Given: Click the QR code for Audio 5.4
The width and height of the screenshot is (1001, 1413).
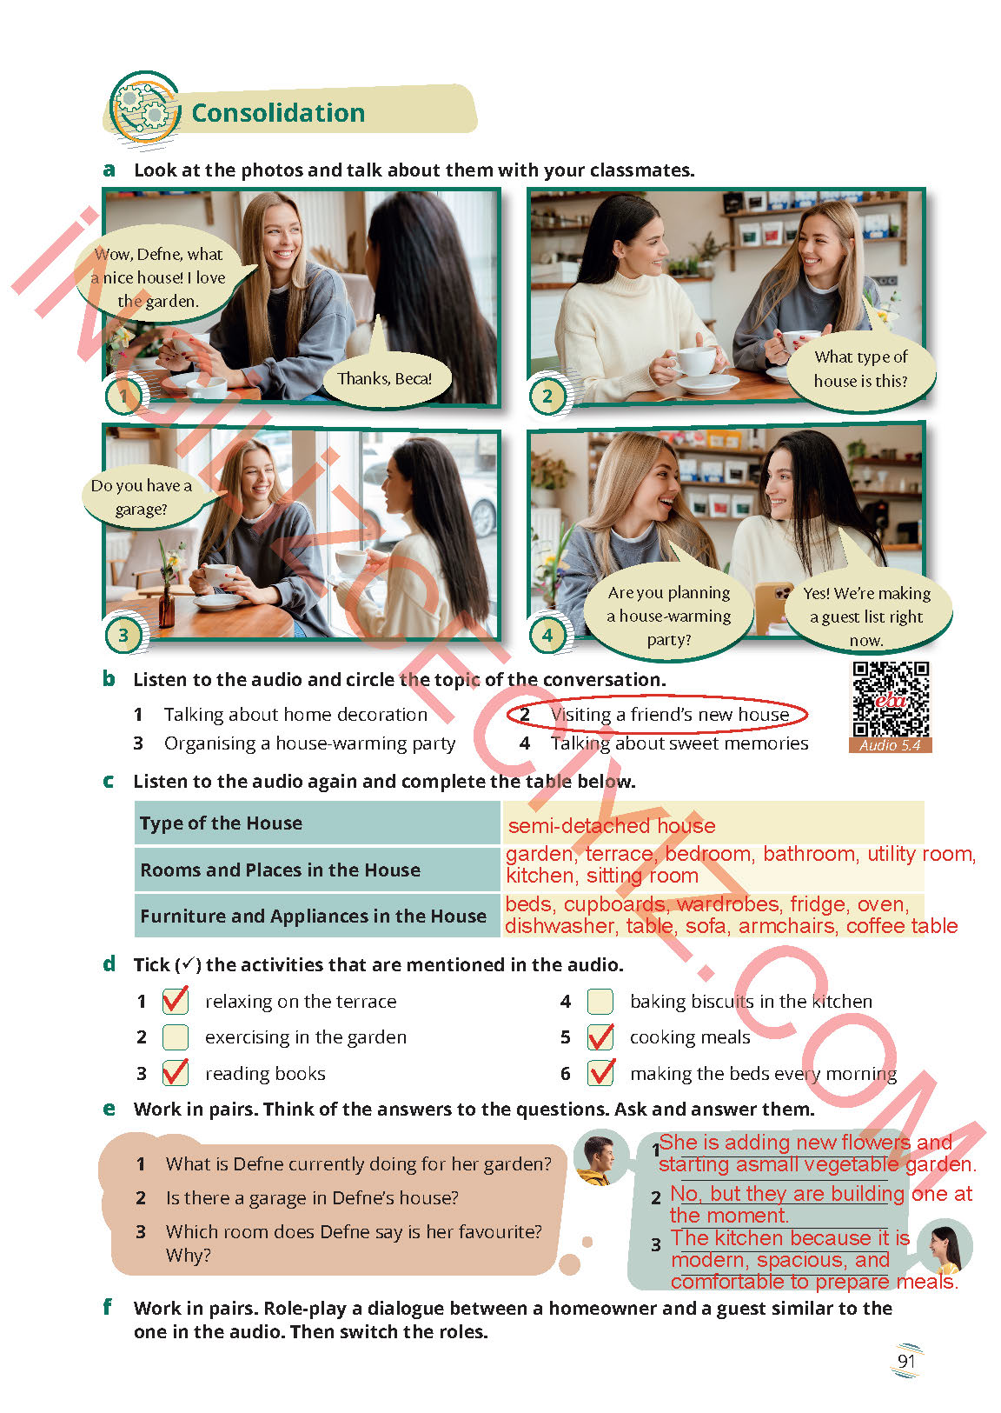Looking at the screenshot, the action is point(891,699).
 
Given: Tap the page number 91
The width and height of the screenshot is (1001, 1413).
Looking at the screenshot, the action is point(905,1361).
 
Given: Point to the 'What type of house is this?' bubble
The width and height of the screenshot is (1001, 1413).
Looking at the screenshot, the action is point(860,369).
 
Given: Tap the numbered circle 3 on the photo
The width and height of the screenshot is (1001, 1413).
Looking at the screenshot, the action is point(123,634).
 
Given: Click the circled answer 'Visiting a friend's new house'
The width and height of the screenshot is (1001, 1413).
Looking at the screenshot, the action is point(657,714).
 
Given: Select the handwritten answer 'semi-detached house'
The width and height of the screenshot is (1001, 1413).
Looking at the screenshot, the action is point(612,825).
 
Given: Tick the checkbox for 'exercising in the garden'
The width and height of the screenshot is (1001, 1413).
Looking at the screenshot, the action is point(176,1036).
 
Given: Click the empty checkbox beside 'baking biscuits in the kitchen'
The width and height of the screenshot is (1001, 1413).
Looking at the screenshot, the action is point(600,1001).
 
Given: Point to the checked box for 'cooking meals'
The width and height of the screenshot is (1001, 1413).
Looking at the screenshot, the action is point(600,1036).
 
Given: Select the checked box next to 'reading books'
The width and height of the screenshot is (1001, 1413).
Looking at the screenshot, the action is point(176,1072).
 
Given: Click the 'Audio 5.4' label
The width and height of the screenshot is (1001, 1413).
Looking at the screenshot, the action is point(890,745).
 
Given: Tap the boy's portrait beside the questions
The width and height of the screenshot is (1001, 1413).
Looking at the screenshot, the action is point(600,1158).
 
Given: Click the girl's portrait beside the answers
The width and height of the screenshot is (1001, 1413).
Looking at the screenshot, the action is point(944,1247).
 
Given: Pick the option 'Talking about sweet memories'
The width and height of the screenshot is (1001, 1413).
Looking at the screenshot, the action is point(679,743).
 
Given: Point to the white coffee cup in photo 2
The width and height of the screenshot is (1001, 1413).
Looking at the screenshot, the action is point(694,363).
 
